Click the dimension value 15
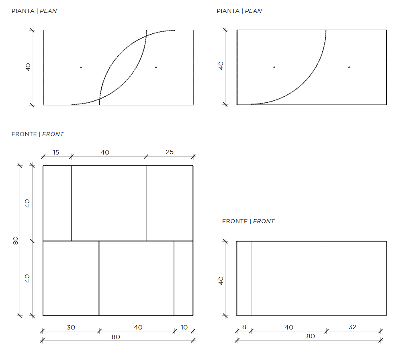tap(56, 153)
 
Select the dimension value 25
tap(170, 152)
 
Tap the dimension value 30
tap(71, 327)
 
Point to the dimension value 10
tap(184, 327)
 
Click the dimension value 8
tap(244, 327)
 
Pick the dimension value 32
tap(352, 327)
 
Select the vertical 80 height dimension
tap(16, 240)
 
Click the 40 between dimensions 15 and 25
tap(105, 153)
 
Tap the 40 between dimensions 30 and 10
tap(138, 327)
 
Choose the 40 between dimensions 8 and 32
tap(289, 327)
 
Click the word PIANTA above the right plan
tap(228, 11)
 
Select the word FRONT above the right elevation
tap(264, 221)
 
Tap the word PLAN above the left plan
tap(48, 11)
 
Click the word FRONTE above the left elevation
tap(24, 134)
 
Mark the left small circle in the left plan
tap(81, 67)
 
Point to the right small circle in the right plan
tap(349, 67)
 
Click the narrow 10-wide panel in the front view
tap(184, 278)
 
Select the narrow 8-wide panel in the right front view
tap(244, 279)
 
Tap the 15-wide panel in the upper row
tap(57, 203)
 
